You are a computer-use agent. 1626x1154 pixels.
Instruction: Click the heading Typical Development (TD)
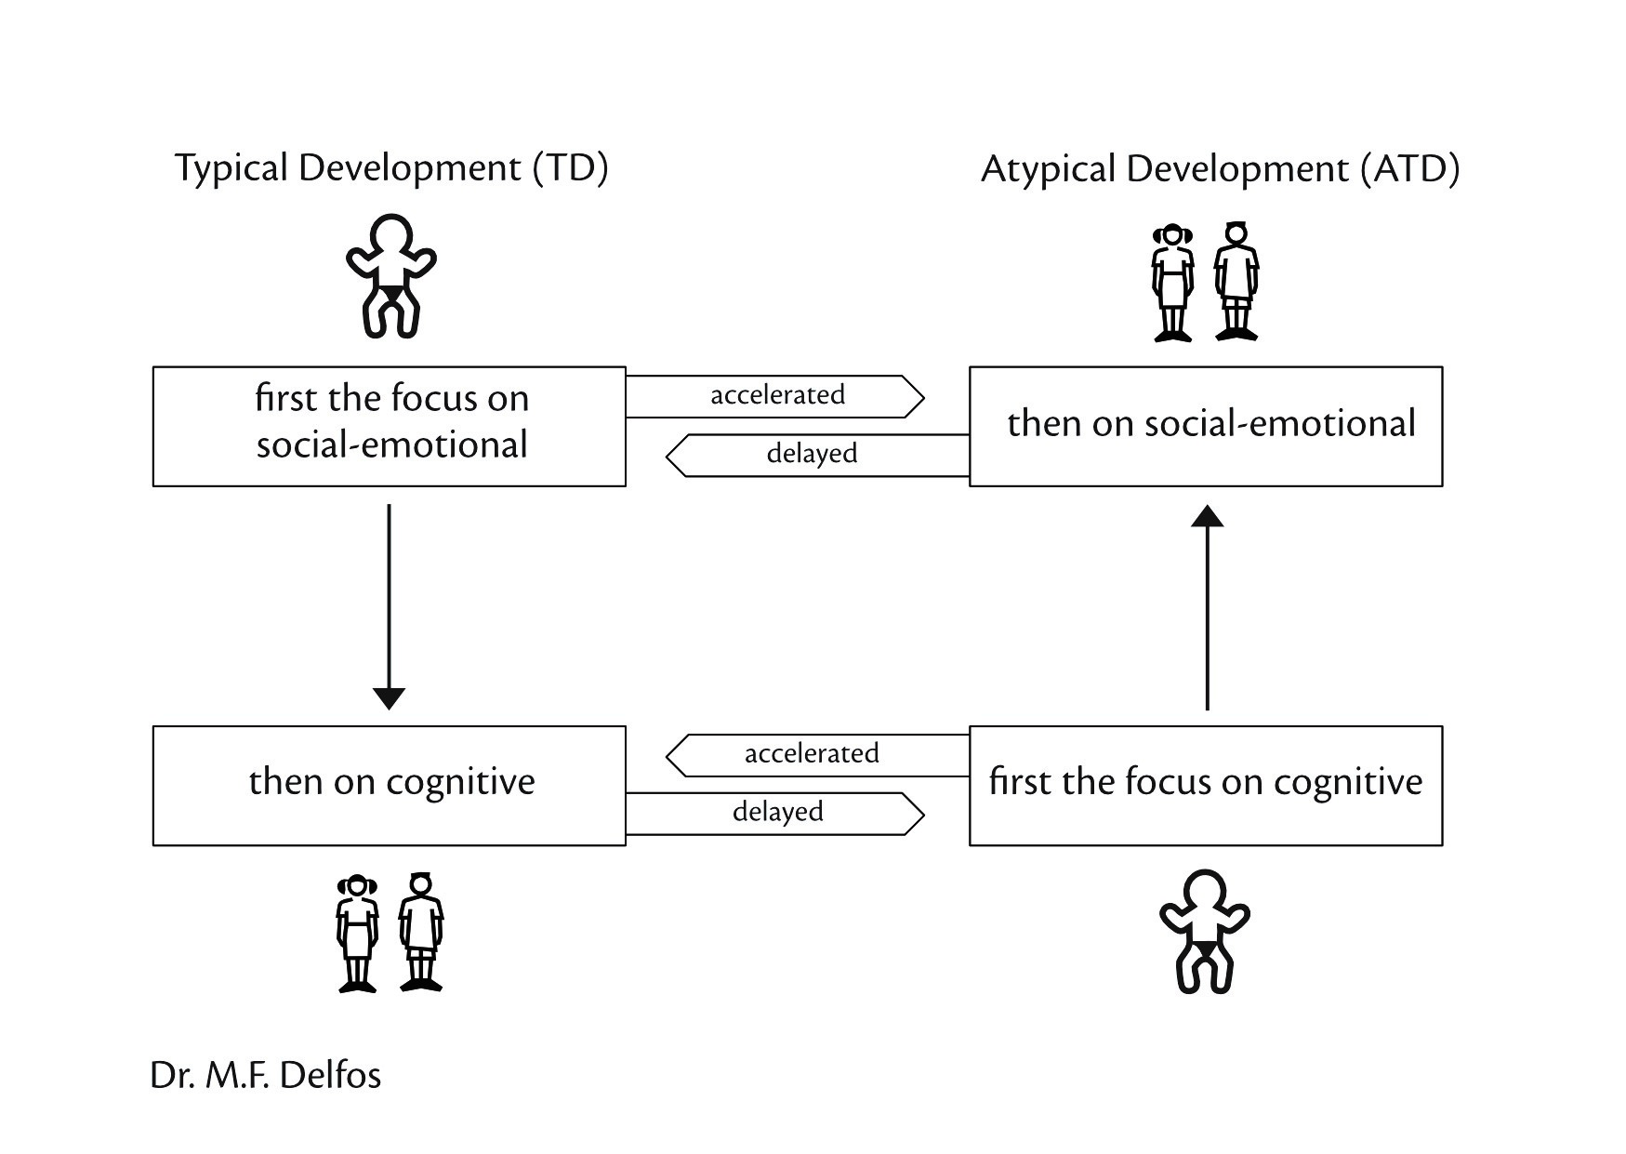point(391,168)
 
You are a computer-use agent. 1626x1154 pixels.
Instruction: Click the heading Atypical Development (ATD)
point(1220,169)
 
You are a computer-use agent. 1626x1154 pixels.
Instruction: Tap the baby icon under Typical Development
point(390,275)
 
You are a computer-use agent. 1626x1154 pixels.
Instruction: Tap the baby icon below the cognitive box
point(1204,931)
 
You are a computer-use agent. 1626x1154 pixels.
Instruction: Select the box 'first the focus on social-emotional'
point(390,426)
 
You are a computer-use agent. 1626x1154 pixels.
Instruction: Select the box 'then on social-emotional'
point(1206,426)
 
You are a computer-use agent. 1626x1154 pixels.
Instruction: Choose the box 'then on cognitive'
point(390,786)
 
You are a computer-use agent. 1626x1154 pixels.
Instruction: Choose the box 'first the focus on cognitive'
point(1206,786)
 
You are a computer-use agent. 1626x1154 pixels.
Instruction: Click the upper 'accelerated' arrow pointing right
point(775,396)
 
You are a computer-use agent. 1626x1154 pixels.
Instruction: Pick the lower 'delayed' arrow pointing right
point(775,814)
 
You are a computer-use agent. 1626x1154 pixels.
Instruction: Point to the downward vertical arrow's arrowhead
point(389,698)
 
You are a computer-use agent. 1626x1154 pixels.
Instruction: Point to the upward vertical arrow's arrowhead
point(1207,516)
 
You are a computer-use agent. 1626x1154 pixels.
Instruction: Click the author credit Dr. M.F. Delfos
point(266,1075)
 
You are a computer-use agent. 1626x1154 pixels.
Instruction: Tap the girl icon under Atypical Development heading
point(1172,282)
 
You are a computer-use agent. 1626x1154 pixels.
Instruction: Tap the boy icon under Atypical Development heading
point(1236,282)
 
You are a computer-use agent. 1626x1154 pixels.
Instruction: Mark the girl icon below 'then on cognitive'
point(357,933)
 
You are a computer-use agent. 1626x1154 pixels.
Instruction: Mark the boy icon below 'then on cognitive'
point(421,933)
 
